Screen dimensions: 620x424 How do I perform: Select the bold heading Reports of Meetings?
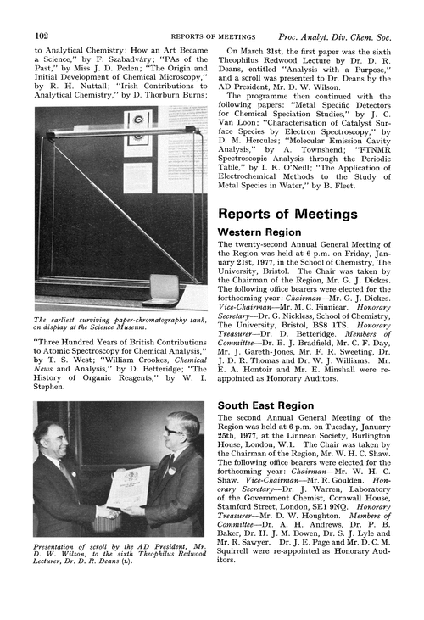(x=287, y=214)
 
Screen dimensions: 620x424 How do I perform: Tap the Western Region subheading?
(x=259, y=232)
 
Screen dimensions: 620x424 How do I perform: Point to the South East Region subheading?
(x=265, y=405)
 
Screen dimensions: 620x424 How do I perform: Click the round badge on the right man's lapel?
(x=170, y=467)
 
